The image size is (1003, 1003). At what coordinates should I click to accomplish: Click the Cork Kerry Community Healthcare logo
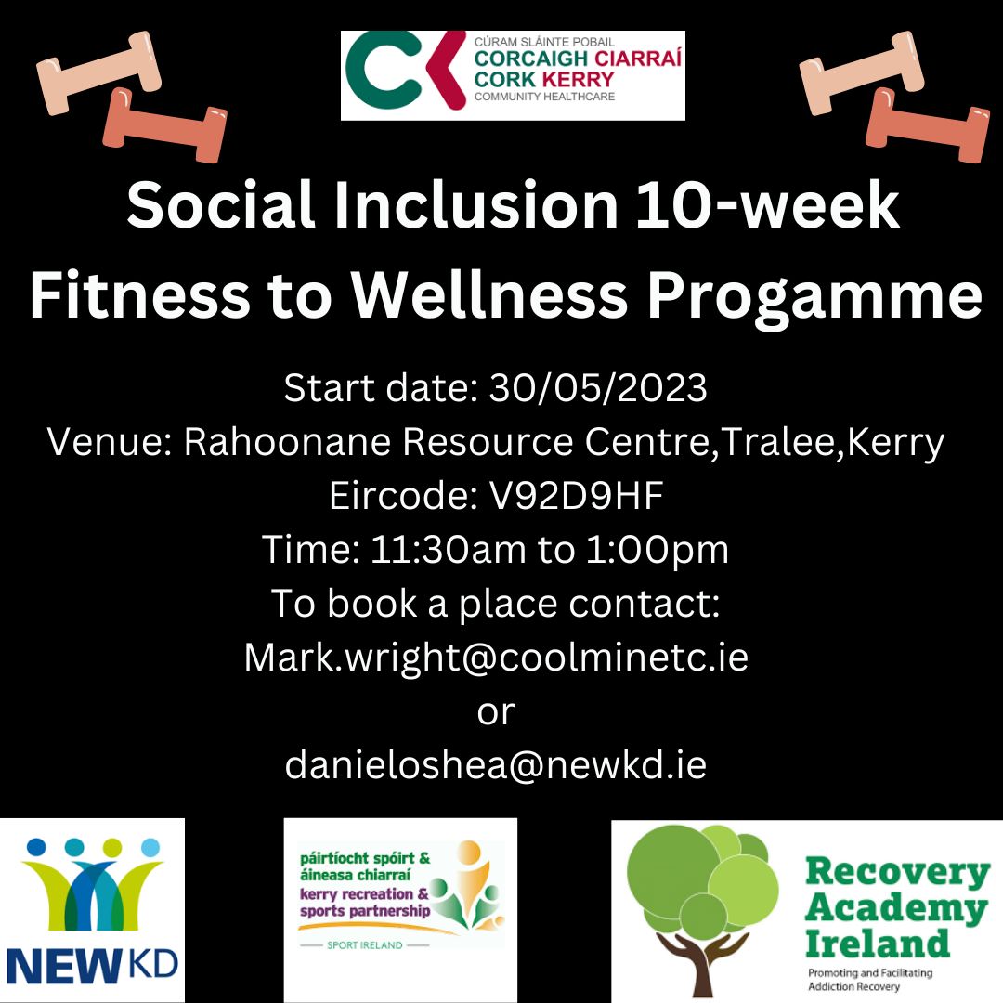pyautogui.click(x=513, y=75)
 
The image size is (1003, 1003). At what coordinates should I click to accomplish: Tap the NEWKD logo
pyautogui.click(x=92, y=910)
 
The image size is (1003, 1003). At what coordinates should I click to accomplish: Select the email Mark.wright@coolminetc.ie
pyautogui.click(x=496, y=658)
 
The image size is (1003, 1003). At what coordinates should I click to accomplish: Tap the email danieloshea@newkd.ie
pyautogui.click(x=496, y=765)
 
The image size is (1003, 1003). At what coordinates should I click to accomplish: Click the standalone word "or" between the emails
pyautogui.click(x=495, y=711)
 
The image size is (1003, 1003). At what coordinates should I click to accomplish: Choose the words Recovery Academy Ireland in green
pyautogui.click(x=896, y=907)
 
